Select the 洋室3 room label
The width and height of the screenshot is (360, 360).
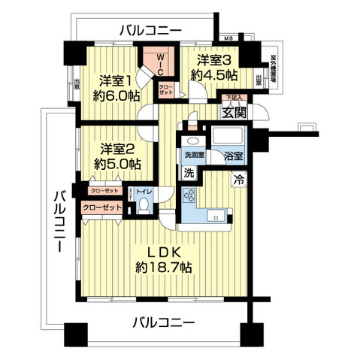pos(216,58)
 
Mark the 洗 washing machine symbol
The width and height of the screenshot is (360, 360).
pos(189,172)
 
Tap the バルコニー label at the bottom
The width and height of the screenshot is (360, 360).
pos(163,323)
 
